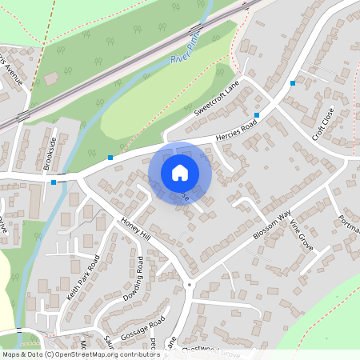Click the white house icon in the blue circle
[x=180, y=172]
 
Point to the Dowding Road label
[x=133, y=280]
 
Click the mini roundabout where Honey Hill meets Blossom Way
[x=190, y=284]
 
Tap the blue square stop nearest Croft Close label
[x=294, y=82]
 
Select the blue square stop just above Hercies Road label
[x=257, y=116]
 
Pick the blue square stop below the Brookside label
[x=54, y=182]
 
